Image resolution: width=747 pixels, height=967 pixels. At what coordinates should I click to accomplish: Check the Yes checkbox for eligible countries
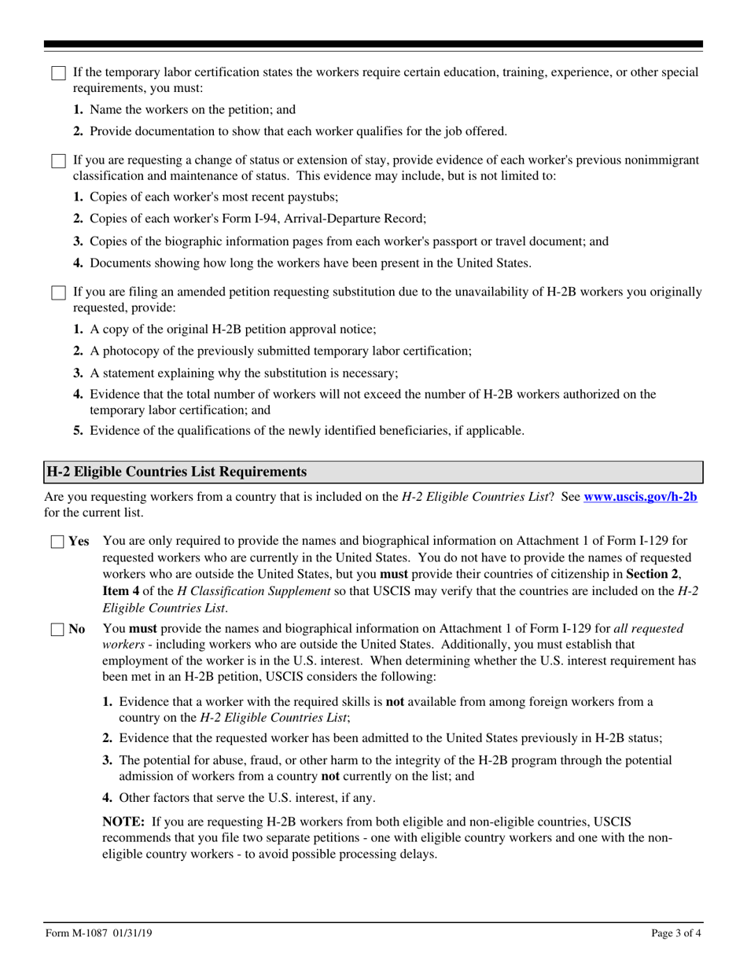[x=58, y=542]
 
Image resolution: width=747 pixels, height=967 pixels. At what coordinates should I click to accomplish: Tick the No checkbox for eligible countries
[x=58, y=630]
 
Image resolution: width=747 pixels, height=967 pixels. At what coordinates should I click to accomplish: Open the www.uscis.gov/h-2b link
[x=640, y=497]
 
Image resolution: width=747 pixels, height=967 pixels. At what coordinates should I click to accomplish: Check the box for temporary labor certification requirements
[x=58, y=73]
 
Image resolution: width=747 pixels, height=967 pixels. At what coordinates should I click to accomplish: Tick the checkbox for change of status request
[x=58, y=161]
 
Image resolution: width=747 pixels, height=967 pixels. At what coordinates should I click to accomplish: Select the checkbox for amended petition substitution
[x=58, y=293]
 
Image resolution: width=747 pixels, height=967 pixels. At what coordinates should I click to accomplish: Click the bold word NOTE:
[x=123, y=822]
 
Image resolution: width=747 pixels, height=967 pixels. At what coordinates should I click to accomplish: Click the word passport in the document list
[x=431, y=241]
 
